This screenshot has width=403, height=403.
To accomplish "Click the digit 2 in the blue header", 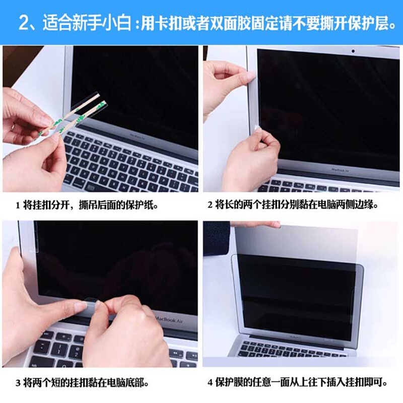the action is pyautogui.click(x=25, y=23).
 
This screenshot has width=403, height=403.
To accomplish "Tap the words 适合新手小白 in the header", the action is pyautogui.click(x=87, y=23).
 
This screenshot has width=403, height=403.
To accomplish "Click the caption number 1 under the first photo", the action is pyautogui.click(x=18, y=206).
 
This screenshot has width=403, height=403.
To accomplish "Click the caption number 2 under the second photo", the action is pyautogui.click(x=210, y=206).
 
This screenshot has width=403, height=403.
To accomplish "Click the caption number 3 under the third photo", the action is pyautogui.click(x=18, y=383).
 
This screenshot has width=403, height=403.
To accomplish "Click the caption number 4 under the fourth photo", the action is pyautogui.click(x=210, y=383).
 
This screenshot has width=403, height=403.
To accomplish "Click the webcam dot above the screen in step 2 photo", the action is pyautogui.click(x=353, y=51).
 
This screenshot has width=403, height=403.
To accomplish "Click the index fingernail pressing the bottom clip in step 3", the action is pyautogui.click(x=81, y=305).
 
